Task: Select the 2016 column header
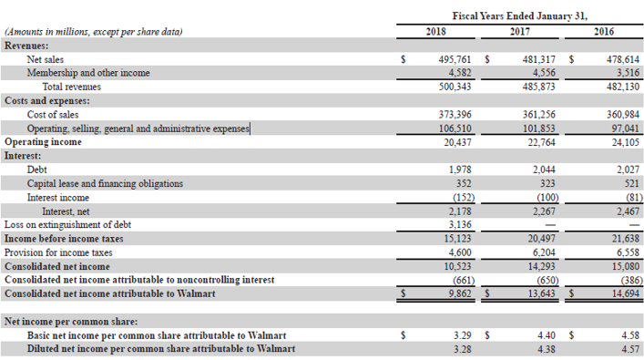click(x=603, y=32)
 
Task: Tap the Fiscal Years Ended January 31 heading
click(x=520, y=15)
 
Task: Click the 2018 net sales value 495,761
click(x=452, y=59)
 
